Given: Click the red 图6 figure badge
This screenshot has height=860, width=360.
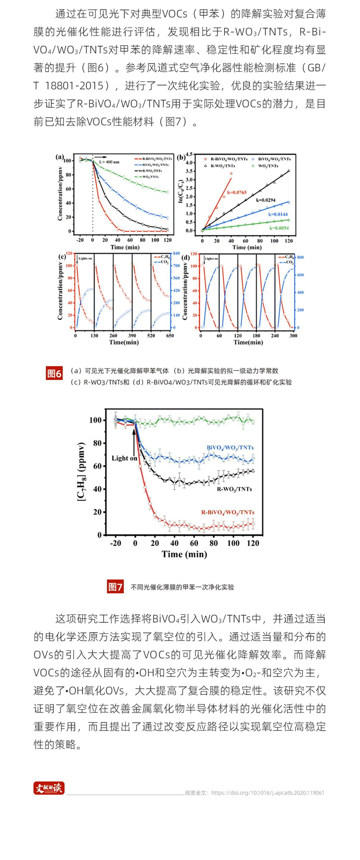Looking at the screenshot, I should tap(54, 373).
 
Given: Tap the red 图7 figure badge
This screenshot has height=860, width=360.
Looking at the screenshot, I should tap(116, 587).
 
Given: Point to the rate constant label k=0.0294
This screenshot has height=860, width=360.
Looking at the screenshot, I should tap(265, 200).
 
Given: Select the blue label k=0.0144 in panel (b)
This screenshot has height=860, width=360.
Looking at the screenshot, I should tap(278, 215).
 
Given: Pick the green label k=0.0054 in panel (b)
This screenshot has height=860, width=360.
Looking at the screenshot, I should tap(279, 228).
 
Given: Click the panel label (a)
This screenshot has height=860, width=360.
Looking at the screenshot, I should tap(60, 156).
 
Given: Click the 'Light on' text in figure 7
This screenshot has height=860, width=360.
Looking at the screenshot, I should tap(124, 458).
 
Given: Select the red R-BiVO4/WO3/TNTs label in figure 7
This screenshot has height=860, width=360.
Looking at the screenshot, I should tap(227, 512).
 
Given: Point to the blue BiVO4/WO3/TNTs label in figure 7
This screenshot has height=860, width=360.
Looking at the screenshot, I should tap(230, 448).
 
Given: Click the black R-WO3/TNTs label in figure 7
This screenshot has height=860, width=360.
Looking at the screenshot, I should tap(234, 489).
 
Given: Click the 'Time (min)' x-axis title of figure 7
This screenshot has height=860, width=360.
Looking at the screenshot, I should tap(184, 554).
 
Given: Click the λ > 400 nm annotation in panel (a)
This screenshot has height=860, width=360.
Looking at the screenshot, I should tap(110, 162).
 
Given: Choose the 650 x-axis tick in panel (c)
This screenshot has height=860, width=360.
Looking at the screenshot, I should tap(170, 335).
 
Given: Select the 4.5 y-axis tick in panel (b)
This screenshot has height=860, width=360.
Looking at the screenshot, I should tap(190, 155).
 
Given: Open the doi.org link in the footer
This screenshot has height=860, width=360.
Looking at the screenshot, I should tap(268, 793).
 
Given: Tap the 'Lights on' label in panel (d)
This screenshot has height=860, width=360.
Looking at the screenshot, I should tap(212, 259).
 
